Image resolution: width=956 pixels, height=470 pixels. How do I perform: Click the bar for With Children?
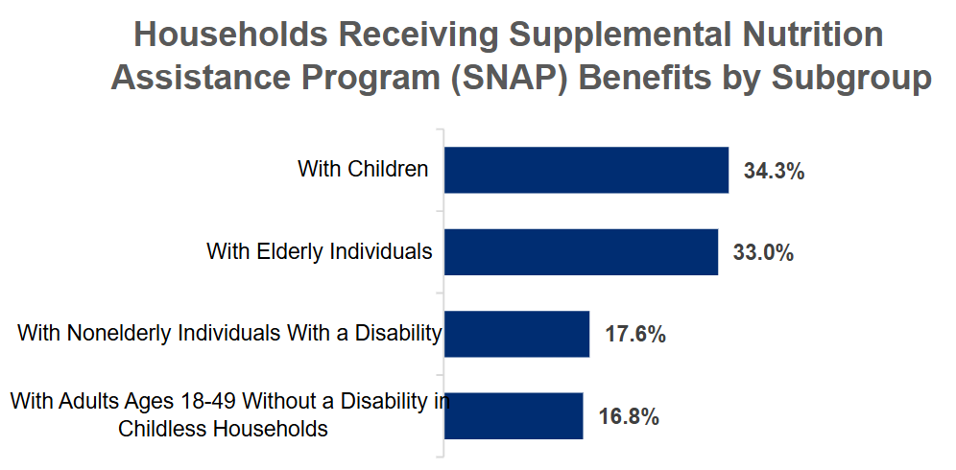tap(586, 171)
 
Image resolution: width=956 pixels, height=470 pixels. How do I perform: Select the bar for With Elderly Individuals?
tap(581, 252)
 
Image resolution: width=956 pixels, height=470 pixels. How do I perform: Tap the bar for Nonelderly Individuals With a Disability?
tap(516, 334)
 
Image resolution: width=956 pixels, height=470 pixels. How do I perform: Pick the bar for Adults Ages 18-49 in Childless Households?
tap(514, 415)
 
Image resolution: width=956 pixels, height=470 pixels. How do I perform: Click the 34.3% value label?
tap(774, 173)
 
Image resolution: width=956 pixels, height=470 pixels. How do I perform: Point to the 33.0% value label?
tap(763, 254)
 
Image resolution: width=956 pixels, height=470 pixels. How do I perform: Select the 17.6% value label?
tap(635, 336)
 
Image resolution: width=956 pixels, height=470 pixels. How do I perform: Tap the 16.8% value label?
tap(628, 417)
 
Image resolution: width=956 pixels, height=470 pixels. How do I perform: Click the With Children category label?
tap(363, 170)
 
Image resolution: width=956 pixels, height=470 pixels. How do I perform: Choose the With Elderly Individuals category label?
tap(320, 251)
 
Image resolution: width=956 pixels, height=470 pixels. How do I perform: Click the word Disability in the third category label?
tap(401, 334)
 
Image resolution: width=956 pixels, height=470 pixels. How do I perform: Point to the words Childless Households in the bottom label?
tap(223, 429)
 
